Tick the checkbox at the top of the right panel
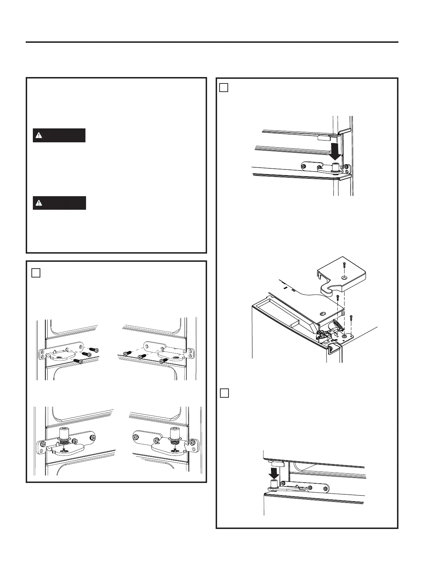(223, 88)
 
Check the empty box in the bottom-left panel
(36, 273)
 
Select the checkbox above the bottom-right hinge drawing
(224, 393)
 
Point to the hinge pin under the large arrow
(335, 167)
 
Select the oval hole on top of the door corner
(322, 313)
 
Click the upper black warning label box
(59, 136)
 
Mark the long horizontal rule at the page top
(212, 42)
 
